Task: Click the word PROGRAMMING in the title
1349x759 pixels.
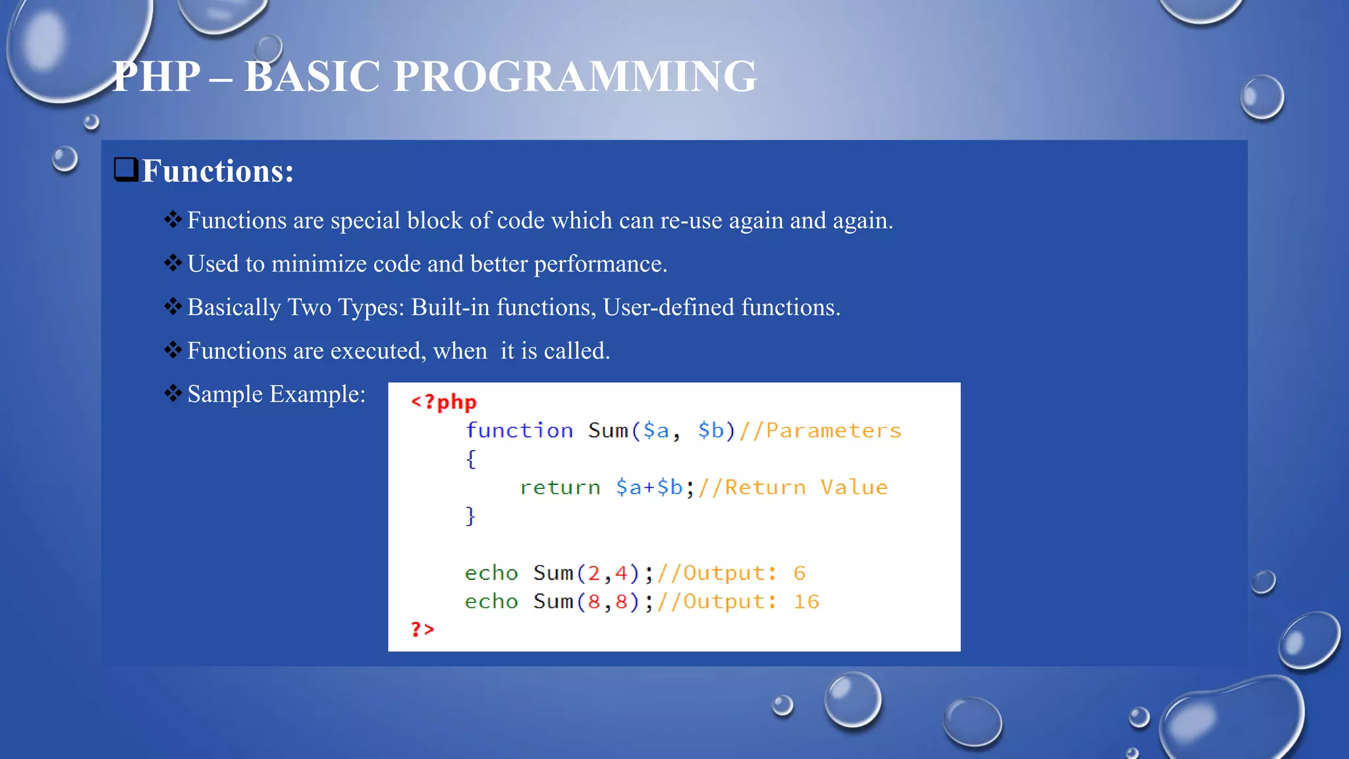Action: [x=574, y=76]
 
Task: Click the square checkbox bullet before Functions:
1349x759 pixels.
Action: [x=126, y=169]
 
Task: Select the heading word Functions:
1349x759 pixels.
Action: [x=217, y=171]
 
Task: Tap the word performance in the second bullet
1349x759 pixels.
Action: [x=599, y=264]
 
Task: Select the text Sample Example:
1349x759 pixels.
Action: [x=276, y=394]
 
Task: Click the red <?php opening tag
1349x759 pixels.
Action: [x=443, y=402]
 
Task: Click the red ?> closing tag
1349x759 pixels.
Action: [x=422, y=629]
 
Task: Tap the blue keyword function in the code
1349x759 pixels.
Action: [x=519, y=431]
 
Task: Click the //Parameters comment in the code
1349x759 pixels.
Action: [x=820, y=431]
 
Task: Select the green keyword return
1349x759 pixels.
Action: [x=560, y=488]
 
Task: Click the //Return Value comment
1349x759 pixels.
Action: [x=792, y=488]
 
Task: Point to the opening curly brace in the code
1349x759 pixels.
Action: [x=470, y=459]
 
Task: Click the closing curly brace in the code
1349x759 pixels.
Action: [x=470, y=516]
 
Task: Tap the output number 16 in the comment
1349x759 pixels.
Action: [x=806, y=602]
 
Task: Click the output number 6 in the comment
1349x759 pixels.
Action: [x=799, y=573]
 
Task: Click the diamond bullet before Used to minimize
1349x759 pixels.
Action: [x=173, y=264]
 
